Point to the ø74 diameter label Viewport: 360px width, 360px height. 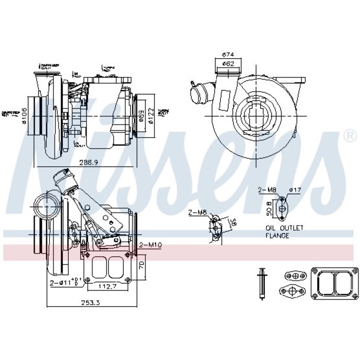click(228, 54)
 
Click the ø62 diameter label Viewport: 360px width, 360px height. click(228, 63)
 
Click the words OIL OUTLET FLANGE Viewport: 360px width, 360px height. click(284, 231)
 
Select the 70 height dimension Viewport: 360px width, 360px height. click(141, 265)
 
